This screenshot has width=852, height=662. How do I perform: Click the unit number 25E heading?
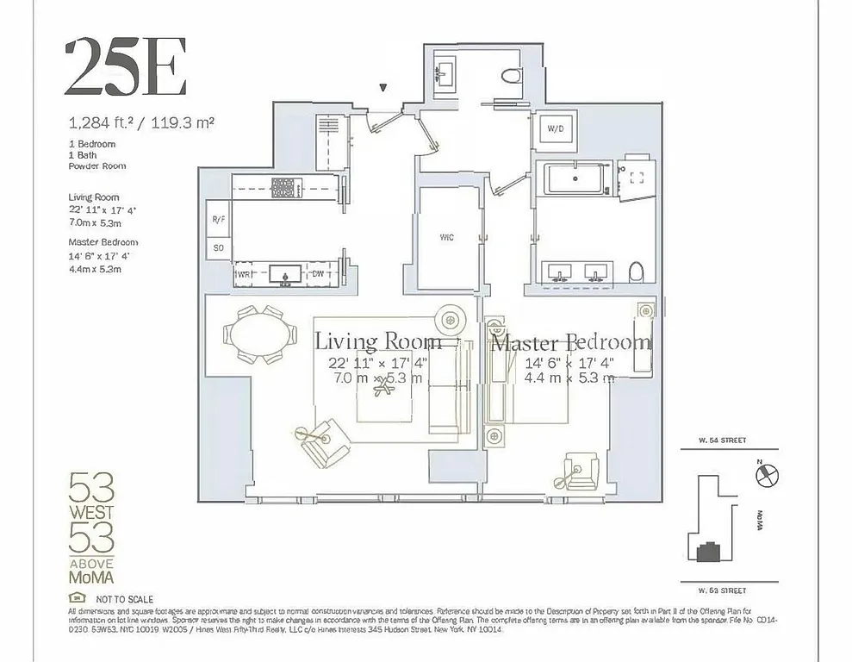(126, 67)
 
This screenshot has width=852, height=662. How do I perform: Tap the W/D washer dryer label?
(556, 130)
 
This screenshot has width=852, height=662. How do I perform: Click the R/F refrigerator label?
(219, 220)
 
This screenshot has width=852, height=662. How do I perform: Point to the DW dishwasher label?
(318, 274)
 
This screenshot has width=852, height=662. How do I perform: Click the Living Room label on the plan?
(378, 340)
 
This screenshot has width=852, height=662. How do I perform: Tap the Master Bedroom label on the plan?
(571, 342)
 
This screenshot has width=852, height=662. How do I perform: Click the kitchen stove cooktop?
(283, 186)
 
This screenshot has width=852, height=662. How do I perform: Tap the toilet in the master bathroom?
(637, 272)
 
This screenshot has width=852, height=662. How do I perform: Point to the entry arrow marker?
(384, 87)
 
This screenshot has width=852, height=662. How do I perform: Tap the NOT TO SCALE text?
(125, 598)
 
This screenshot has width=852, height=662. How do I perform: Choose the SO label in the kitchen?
(218, 248)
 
